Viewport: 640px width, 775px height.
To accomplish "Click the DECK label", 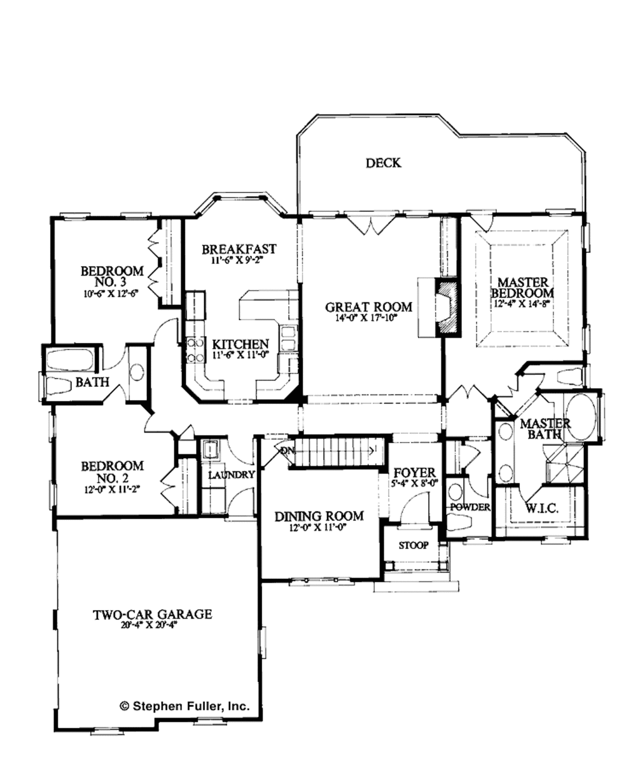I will pyautogui.click(x=383, y=163).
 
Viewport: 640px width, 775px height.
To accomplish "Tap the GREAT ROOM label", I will pyautogui.click(x=369, y=306).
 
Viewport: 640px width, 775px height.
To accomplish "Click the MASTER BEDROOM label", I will pyautogui.click(x=522, y=287).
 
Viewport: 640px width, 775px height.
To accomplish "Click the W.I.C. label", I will pyautogui.click(x=541, y=509).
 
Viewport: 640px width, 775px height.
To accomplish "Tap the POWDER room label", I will pyautogui.click(x=470, y=507).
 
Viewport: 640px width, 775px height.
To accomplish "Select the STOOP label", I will pyautogui.click(x=414, y=545).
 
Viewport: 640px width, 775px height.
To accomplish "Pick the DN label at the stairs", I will pyautogui.click(x=287, y=451).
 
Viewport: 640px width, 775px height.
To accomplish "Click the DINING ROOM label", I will pyautogui.click(x=319, y=516).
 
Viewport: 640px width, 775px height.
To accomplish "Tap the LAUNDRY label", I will pyautogui.click(x=231, y=475).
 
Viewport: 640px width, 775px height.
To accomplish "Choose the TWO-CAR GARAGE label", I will pyautogui.click(x=152, y=614).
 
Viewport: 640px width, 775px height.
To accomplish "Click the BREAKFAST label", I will pyautogui.click(x=239, y=249).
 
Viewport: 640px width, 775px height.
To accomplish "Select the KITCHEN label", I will pyautogui.click(x=241, y=344).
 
